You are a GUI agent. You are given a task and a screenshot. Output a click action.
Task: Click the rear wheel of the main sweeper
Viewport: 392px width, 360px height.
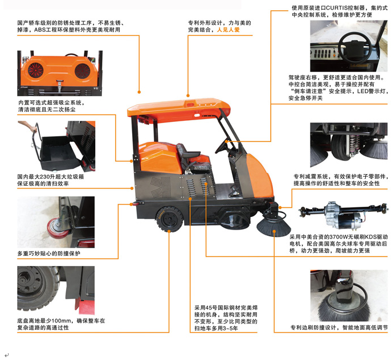tap(169, 219)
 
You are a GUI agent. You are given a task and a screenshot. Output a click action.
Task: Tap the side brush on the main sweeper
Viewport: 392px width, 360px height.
tap(273, 226)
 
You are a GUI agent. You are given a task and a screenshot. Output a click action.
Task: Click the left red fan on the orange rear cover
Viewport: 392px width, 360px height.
tap(35, 70)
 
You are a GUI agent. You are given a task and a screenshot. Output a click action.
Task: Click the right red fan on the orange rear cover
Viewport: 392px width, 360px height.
tap(82, 71)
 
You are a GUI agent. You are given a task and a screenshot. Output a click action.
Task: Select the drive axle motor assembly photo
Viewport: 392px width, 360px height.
tap(344, 215)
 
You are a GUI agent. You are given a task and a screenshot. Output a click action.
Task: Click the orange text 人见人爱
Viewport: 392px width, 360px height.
tap(228, 30)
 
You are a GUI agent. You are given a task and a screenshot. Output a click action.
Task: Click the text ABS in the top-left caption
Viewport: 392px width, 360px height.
tap(39, 30)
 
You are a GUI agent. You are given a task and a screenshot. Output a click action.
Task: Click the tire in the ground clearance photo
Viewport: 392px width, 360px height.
tap(38, 288)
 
